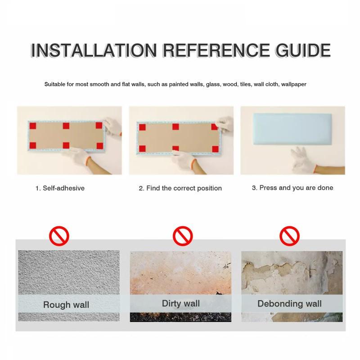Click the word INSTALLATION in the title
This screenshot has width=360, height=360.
(x=94, y=50)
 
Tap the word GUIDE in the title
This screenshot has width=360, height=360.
(x=303, y=50)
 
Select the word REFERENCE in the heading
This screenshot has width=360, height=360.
(x=216, y=50)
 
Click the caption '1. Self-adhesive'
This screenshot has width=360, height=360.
(x=60, y=188)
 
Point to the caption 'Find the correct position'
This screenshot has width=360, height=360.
(x=184, y=188)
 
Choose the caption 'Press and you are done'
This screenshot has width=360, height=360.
(x=296, y=188)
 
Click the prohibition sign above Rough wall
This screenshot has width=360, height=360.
(x=59, y=236)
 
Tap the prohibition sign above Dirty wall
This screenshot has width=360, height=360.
(x=183, y=236)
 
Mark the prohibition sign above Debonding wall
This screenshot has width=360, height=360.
(x=289, y=236)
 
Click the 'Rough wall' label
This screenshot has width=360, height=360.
(x=66, y=305)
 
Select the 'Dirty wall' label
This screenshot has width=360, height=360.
(x=181, y=303)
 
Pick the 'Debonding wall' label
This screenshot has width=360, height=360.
(x=289, y=304)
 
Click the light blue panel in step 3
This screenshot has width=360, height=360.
(x=292, y=129)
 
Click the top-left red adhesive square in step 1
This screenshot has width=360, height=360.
(x=33, y=126)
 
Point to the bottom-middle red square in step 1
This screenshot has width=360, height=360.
(x=66, y=145)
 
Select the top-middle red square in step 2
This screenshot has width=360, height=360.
(x=175, y=127)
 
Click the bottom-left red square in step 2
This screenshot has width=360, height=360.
(x=142, y=148)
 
